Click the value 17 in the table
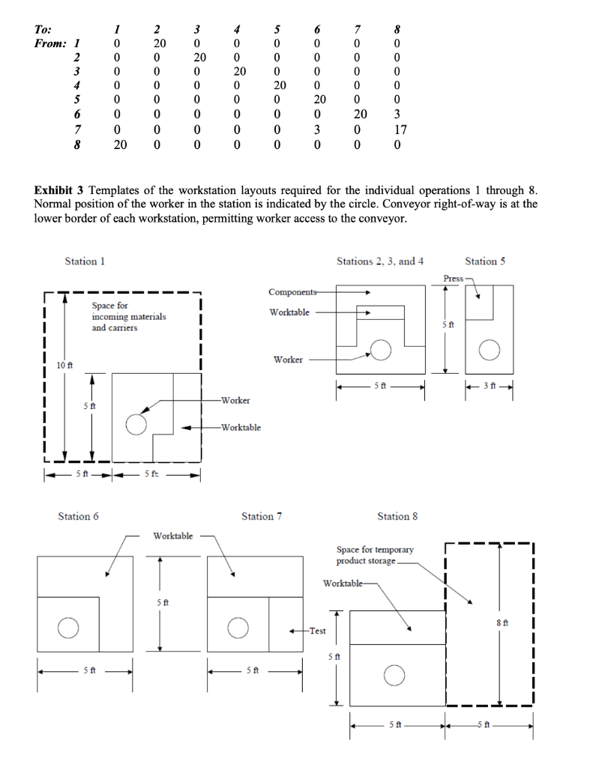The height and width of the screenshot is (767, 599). tap(400, 130)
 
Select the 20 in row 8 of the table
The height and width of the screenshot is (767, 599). tap(120, 144)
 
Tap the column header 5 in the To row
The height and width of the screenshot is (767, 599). tap(277, 29)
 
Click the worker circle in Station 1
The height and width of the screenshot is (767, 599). tap(136, 424)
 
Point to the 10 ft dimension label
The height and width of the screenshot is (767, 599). tap(65, 365)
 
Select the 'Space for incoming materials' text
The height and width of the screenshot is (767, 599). tap(128, 317)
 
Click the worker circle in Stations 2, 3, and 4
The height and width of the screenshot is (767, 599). tap(381, 349)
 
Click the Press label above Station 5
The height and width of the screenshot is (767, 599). tap(453, 278)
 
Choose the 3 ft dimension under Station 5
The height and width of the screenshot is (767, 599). tap(489, 386)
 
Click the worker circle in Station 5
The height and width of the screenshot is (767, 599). tap(490, 349)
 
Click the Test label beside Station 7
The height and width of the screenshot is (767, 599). tap(318, 631)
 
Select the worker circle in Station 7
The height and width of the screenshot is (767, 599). tap(238, 627)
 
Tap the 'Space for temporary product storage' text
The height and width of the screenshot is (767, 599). tap(374, 555)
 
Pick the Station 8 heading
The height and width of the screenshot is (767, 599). tap(397, 516)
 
